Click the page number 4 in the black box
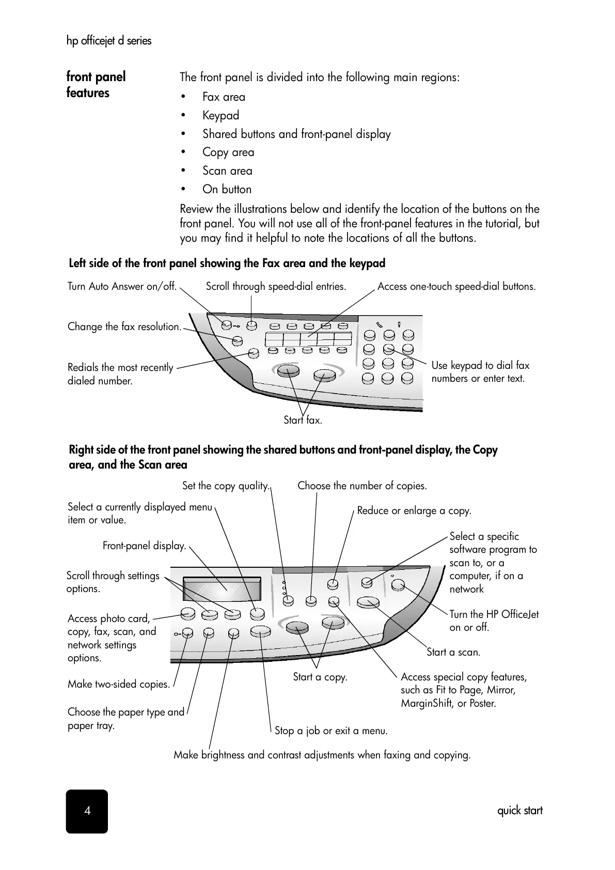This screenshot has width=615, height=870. click(x=87, y=811)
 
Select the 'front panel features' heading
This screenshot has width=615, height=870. click(x=96, y=85)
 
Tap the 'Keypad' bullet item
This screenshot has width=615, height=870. click(x=220, y=115)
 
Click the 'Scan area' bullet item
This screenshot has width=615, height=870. click(x=227, y=170)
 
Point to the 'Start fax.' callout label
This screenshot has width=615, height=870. click(x=303, y=420)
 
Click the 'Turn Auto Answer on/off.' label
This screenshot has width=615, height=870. click(x=122, y=286)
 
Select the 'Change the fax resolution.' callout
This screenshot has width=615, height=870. click(x=124, y=327)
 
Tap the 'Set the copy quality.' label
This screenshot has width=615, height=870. click(x=226, y=486)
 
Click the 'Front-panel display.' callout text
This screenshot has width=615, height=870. click(x=144, y=546)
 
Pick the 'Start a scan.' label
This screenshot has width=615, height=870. click(x=453, y=652)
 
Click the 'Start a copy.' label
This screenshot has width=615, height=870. click(x=320, y=677)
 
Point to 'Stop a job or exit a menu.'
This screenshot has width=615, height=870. click(x=331, y=731)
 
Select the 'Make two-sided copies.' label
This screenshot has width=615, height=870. click(x=119, y=684)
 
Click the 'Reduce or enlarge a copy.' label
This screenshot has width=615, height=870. click(x=414, y=510)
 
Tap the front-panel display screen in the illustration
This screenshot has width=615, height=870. click(x=222, y=589)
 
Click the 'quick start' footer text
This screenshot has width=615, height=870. click(x=519, y=811)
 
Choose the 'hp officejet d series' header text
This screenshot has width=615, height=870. click(x=109, y=40)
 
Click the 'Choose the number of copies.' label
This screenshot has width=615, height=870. click(x=362, y=486)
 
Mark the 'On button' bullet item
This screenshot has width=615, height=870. click(x=227, y=189)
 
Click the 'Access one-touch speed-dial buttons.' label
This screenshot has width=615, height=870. click(x=456, y=286)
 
